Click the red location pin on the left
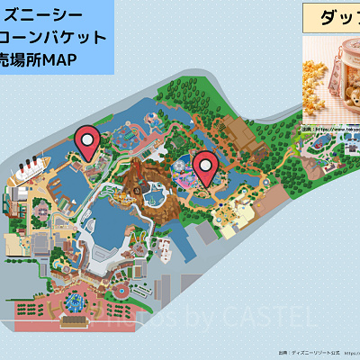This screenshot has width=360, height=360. coord(87,141)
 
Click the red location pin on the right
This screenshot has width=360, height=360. coord(206,166)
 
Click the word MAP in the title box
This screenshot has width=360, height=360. coord(53,59)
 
